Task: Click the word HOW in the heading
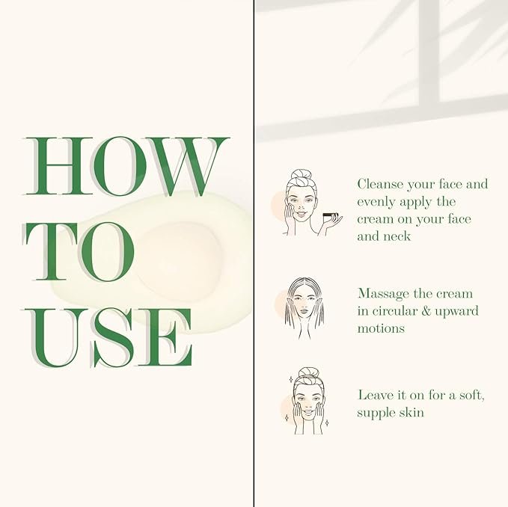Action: tap(126, 167)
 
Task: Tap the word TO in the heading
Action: tap(79, 251)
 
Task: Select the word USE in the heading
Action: tap(108, 337)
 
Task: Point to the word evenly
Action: tap(377, 203)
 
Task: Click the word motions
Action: tap(381, 328)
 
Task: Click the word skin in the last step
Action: tap(411, 412)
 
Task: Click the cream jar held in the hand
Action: tap(331, 215)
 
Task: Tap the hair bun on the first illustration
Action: tap(301, 175)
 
